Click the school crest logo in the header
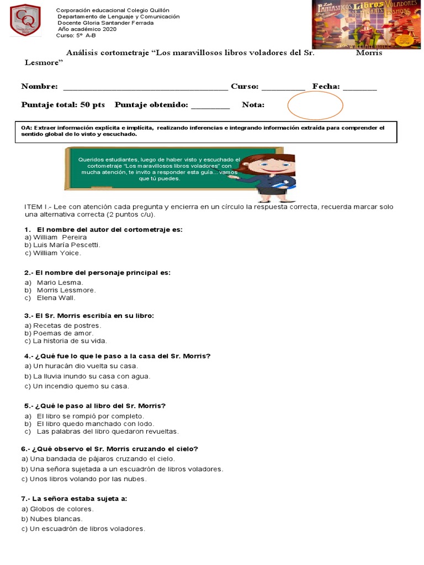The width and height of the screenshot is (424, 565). tap(25, 20)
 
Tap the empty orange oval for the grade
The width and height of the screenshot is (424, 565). tap(315, 105)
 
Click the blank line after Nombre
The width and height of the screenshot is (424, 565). tap(145, 87)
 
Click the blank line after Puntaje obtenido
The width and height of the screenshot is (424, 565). tap(210, 105)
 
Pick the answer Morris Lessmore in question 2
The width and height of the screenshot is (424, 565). tap(66, 290)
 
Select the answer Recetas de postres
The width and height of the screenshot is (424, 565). tap(59, 326)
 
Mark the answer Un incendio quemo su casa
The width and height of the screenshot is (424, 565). tap(77, 386)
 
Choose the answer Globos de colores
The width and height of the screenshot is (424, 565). tap(58, 509)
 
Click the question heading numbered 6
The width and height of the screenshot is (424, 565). tap(109, 449)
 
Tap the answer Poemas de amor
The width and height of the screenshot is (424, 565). tap(59, 333)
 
